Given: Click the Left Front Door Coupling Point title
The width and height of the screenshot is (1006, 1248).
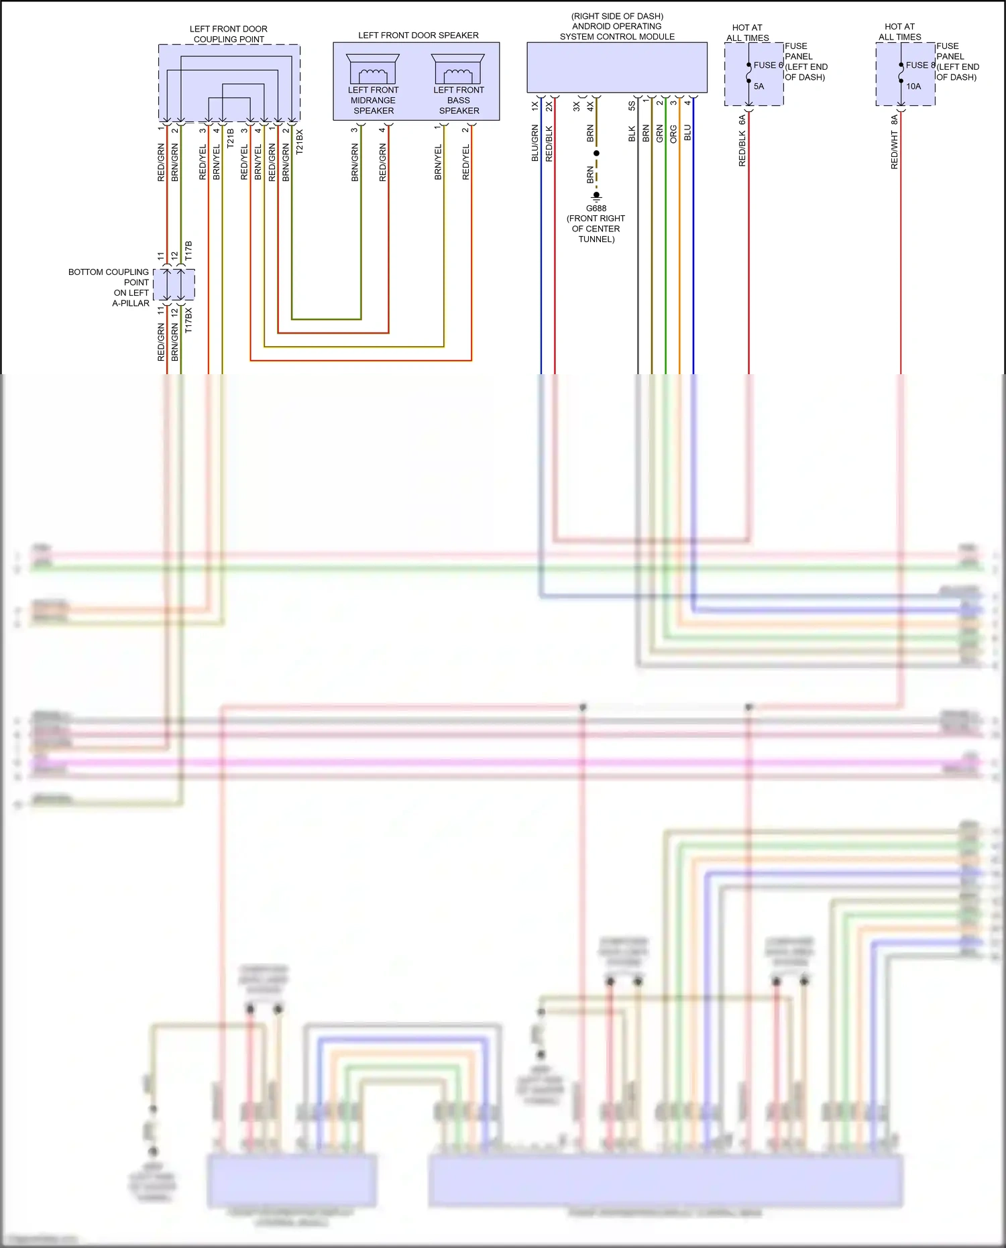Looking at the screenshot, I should (x=228, y=34).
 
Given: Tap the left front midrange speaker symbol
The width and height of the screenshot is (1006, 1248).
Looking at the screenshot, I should (x=373, y=69).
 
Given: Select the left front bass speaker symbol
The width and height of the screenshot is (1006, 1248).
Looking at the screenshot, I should (x=458, y=69).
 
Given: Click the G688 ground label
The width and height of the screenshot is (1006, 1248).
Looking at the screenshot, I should (x=596, y=209).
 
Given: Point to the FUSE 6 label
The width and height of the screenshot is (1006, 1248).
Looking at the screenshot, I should (x=768, y=65).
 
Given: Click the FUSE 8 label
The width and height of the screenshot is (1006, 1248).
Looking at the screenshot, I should (x=919, y=65).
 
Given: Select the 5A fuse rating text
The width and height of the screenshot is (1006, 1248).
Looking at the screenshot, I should (x=759, y=86).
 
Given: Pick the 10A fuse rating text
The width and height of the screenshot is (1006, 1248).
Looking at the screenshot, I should (x=913, y=86).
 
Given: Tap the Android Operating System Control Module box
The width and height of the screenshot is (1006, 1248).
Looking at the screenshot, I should (x=616, y=67).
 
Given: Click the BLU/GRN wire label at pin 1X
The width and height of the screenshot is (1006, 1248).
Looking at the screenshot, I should (x=535, y=143).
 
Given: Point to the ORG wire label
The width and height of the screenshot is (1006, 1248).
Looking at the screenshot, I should (x=673, y=134).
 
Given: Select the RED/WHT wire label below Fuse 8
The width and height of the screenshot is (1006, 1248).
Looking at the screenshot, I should (x=894, y=150).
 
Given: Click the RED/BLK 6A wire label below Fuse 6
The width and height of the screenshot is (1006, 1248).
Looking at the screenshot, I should (x=742, y=141).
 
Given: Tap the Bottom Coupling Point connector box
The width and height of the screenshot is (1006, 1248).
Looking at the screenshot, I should (x=174, y=285).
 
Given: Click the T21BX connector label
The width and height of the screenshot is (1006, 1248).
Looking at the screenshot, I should (x=299, y=142).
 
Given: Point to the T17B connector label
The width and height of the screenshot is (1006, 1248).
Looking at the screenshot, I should (x=188, y=251).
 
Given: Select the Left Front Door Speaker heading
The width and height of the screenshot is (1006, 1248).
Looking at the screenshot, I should (x=418, y=35).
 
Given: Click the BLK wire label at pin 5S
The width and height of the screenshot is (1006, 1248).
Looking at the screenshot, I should (x=632, y=134).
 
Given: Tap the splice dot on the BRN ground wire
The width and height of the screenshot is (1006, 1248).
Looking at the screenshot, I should (x=596, y=154).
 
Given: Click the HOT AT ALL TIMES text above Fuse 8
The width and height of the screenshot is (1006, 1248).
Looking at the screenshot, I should (x=899, y=32).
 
